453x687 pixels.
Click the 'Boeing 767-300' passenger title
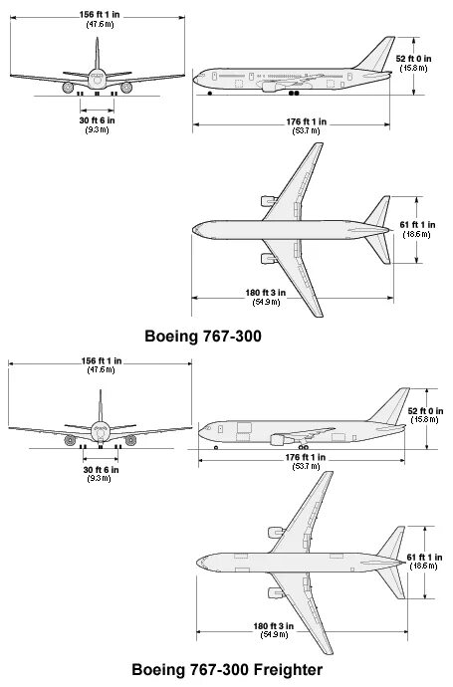tap(203, 336)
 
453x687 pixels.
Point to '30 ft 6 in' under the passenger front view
tap(98, 120)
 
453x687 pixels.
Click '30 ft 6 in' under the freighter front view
tap(101, 469)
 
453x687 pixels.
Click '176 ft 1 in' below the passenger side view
tap(300, 121)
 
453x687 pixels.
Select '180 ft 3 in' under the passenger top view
tap(267, 293)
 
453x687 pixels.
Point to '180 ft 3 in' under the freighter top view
tap(272, 626)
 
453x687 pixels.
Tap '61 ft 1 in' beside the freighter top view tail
tap(428, 558)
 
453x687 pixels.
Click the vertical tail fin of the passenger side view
tap(382, 55)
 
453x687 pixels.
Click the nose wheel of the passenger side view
tap(210, 95)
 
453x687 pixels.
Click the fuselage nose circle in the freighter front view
tap(100, 430)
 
